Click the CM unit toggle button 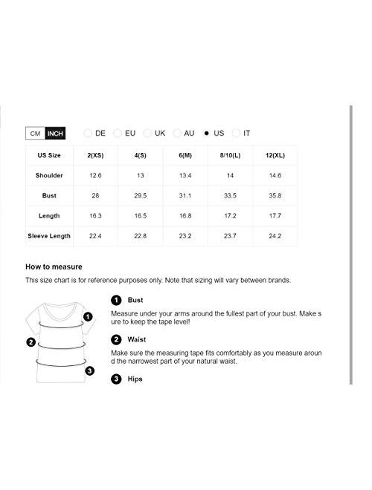pos(34,134)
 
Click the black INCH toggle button pos(55,134)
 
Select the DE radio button pos(89,134)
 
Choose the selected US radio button pos(207,134)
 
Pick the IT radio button pos(237,134)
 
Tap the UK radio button pos(147,134)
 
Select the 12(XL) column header pos(275,155)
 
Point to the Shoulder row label pos(49,175)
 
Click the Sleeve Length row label pos(49,235)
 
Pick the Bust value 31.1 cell pos(186,195)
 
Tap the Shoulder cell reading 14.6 pos(275,175)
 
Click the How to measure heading pos(54,266)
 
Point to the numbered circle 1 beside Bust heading pos(115,301)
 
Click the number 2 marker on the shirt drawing pos(31,342)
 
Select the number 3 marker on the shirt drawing pos(89,370)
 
